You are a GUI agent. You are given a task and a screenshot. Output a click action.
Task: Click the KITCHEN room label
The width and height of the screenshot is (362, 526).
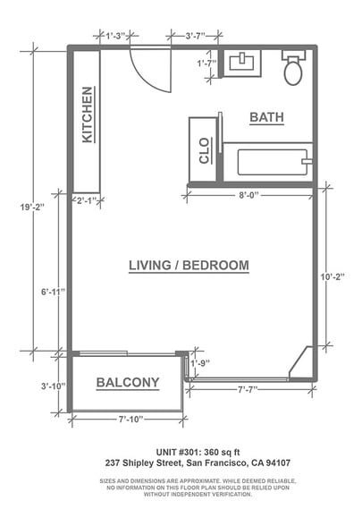[88, 115]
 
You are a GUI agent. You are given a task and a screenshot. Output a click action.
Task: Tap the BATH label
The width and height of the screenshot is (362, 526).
[266, 117]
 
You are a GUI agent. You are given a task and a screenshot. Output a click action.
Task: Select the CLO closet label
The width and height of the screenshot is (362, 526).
[204, 150]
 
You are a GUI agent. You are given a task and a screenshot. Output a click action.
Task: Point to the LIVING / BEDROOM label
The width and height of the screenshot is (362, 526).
[189, 266]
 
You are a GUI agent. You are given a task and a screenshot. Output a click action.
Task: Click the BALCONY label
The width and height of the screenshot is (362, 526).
[128, 383]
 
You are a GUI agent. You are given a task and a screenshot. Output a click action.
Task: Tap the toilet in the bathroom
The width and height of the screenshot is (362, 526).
[293, 68]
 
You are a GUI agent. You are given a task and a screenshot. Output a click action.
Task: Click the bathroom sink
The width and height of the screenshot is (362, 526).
[242, 62]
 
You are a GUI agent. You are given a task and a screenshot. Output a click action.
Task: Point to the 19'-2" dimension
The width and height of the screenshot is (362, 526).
[32, 208]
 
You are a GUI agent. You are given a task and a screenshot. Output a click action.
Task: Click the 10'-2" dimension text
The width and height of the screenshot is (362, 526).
[333, 277]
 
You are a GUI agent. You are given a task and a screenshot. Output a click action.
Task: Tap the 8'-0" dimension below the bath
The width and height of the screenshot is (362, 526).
[249, 195]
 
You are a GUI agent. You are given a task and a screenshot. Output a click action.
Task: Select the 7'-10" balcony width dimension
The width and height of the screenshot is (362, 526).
[131, 419]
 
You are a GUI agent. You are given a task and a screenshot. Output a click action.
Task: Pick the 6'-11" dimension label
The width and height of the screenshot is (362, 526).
[53, 292]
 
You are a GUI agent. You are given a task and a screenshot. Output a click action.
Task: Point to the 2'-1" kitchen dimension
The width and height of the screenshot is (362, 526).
[87, 201]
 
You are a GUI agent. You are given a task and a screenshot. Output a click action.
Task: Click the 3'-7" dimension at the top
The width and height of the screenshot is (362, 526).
[196, 36]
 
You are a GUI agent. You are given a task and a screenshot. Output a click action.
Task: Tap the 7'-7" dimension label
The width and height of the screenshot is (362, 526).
[248, 389]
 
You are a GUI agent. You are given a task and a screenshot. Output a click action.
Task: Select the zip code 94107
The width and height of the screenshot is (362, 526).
[278, 463]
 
